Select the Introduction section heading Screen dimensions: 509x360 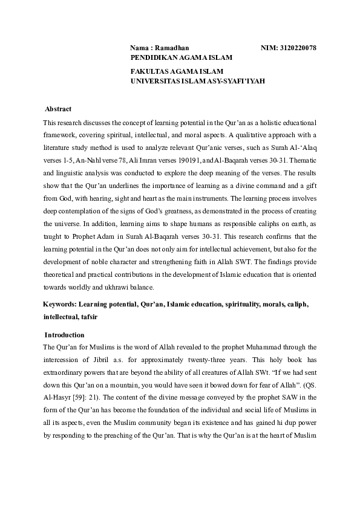coord(65,335)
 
